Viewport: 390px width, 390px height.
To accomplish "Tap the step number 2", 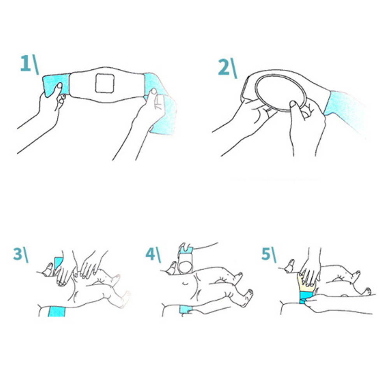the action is pos(223,68).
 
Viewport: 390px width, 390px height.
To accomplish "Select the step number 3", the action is pos(18,254).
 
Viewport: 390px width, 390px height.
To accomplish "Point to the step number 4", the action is pos(151,254).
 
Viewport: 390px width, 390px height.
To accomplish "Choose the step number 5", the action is pos(266,254).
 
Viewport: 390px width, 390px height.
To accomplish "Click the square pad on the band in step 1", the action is pos(105,83).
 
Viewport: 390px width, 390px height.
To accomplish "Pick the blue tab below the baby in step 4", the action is pos(185,310).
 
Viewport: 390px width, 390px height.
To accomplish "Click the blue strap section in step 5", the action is pos(307,298).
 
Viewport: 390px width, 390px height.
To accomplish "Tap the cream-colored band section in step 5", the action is pos(306,283).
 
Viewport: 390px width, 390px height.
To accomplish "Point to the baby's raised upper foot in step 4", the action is pos(238,276).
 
